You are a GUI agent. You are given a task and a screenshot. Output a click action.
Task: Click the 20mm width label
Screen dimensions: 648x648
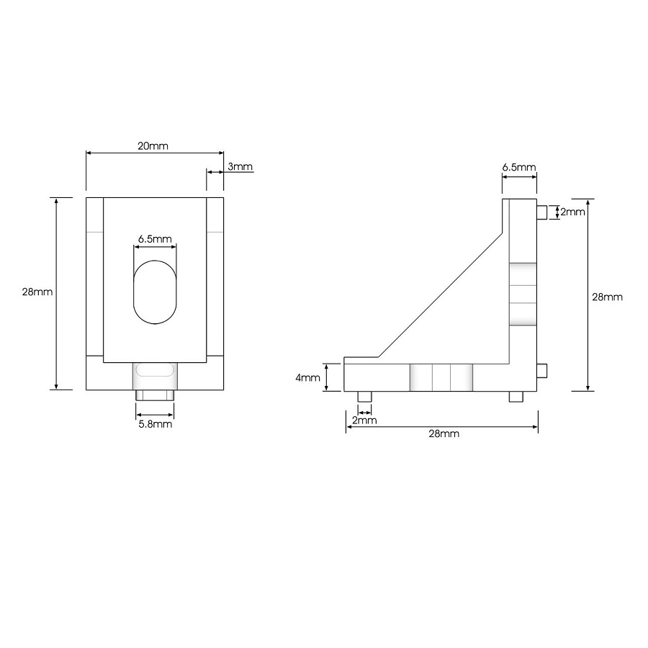[x=153, y=145]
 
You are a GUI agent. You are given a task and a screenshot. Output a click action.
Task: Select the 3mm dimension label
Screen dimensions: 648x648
[x=240, y=167]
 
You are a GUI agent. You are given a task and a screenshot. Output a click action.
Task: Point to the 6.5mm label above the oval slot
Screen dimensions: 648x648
[x=155, y=239]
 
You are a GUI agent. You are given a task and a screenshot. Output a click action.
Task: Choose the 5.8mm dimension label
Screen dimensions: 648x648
[x=155, y=424]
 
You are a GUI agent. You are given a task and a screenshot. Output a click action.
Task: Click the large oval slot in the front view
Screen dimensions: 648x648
[x=154, y=290]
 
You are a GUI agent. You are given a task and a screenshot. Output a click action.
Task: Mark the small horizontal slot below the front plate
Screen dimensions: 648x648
[x=154, y=370]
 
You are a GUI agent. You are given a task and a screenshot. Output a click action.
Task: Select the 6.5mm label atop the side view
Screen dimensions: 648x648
[x=518, y=167]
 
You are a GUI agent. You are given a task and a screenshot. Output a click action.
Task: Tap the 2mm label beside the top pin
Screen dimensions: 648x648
[x=573, y=212]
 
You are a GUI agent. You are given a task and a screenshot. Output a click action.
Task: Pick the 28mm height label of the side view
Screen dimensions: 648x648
[x=607, y=297]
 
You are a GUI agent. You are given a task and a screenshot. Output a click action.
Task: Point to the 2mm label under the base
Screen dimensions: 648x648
[x=364, y=420]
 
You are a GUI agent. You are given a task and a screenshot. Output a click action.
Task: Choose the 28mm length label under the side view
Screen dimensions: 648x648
[x=443, y=433]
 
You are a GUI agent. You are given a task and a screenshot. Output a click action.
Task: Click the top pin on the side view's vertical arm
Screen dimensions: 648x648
[x=542, y=212]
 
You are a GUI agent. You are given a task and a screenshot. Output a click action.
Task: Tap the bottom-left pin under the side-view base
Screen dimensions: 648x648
[x=365, y=397]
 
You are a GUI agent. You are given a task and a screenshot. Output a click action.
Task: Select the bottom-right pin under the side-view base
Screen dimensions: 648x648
[x=516, y=397]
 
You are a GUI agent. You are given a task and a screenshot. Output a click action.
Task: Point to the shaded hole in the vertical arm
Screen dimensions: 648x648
[x=523, y=294]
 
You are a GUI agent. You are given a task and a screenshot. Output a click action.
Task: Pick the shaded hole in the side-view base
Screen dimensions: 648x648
[x=441, y=377]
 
